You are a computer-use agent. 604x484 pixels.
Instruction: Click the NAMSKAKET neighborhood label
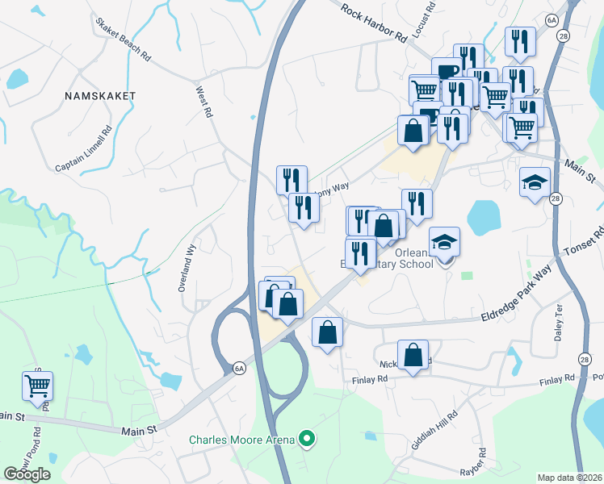[x=100, y=95]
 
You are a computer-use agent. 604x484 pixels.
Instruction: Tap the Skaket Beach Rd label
[x=122, y=41]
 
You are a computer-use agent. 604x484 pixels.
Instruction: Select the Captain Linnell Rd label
[x=83, y=147]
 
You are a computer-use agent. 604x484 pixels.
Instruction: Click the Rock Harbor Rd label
[x=374, y=23]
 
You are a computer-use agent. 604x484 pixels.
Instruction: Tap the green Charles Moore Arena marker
[x=305, y=440]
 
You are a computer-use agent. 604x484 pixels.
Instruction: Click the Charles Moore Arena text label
[x=241, y=440]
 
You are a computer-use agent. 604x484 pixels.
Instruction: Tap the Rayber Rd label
[x=481, y=462]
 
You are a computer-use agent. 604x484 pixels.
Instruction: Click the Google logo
[x=27, y=474]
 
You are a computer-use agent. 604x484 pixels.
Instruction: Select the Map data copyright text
[x=569, y=478]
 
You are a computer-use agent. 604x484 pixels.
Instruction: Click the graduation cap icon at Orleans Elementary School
[x=444, y=241]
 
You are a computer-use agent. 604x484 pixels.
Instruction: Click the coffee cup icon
[x=446, y=71]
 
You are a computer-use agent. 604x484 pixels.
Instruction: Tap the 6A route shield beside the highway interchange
[x=239, y=369]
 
